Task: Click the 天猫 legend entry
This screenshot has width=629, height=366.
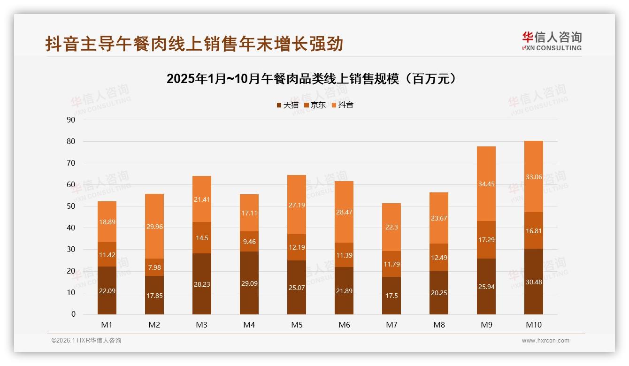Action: [287, 105]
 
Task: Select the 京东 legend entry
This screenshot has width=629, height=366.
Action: [315, 105]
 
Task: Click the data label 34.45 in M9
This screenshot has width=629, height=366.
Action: [486, 184]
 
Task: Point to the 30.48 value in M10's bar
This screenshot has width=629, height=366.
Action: [533, 282]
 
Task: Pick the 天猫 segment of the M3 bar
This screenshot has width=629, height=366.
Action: [202, 284]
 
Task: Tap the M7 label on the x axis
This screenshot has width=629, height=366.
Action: [391, 325]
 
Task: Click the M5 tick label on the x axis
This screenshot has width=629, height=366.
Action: [297, 325]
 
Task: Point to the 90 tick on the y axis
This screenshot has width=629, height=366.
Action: [71, 120]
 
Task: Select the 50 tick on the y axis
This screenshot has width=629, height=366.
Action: [71, 206]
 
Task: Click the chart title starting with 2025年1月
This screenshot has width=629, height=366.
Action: [311, 78]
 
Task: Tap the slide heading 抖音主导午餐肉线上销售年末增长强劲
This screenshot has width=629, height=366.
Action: [194, 44]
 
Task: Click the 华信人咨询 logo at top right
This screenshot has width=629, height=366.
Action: [552, 41]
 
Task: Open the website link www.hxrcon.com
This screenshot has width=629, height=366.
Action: [545, 341]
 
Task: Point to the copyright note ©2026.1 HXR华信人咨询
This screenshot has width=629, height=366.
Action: [86, 341]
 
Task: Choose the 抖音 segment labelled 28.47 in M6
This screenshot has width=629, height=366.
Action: [344, 212]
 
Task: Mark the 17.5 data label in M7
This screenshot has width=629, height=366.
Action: [391, 295]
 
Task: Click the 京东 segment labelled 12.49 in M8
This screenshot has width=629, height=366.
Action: [439, 257]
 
